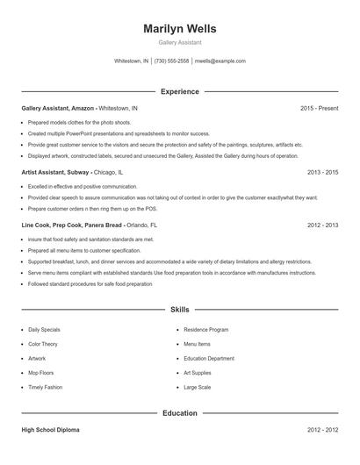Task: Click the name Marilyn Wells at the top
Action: [180, 29]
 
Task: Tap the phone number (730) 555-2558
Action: [171, 61]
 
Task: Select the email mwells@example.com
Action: [220, 61]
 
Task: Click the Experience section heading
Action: [180, 91]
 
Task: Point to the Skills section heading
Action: [180, 310]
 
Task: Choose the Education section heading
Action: [180, 412]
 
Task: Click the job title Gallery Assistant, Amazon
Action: [58, 108]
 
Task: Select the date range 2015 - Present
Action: [319, 108]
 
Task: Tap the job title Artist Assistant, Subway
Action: [55, 173]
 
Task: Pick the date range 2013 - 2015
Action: [322, 173]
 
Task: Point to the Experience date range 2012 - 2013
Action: [322, 225]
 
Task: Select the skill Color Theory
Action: [43, 344]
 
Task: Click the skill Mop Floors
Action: [41, 372]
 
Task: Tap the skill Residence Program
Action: [206, 330]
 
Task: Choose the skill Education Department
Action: [209, 358]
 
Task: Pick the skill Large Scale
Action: [197, 387]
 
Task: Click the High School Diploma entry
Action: [51, 430]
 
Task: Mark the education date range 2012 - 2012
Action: [322, 430]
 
